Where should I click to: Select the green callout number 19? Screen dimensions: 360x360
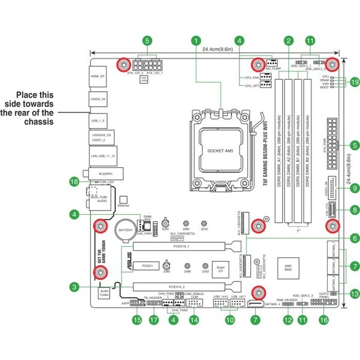pos(355,82)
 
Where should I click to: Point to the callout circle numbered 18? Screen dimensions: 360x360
pos(74,181)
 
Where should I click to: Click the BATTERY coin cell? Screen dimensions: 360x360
pos(125,230)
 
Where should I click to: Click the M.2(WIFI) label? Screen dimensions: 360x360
pos(103,173)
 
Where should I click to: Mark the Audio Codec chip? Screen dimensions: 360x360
pos(104,293)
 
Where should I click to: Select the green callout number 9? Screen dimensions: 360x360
pos(355,188)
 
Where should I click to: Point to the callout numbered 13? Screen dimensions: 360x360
pos(355,294)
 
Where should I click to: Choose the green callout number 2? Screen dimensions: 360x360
pos(289,41)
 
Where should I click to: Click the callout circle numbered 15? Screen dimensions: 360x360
pos(137,320)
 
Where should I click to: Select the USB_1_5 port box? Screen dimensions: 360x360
pos(98,121)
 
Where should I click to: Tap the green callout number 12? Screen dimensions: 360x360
pos(288,320)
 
